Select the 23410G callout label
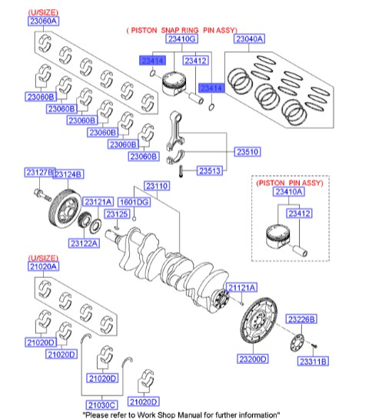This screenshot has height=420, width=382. [x=181, y=38]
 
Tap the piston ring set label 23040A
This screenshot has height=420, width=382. [x=249, y=38]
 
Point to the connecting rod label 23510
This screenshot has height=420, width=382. [x=246, y=152]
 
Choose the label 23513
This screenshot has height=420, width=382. [x=212, y=170]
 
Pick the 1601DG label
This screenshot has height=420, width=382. [x=135, y=202]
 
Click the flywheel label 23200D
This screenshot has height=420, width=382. [x=251, y=359]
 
